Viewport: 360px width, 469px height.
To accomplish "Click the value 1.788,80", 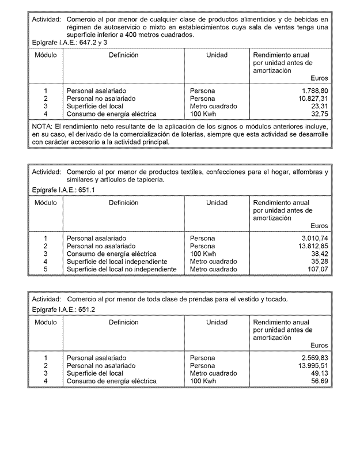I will tap(315, 91).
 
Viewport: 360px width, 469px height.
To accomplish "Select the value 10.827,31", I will tap(313, 99).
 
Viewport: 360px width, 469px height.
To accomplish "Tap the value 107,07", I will tap(317, 269).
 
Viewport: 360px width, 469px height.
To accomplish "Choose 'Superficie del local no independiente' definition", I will tap(122, 269).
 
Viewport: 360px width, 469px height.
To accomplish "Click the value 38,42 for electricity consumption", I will tap(319, 254).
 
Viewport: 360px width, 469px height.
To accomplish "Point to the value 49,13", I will tap(319, 373).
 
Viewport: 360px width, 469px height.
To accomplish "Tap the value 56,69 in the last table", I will tap(319, 381).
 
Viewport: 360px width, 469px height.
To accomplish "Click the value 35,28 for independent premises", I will tap(319, 262).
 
